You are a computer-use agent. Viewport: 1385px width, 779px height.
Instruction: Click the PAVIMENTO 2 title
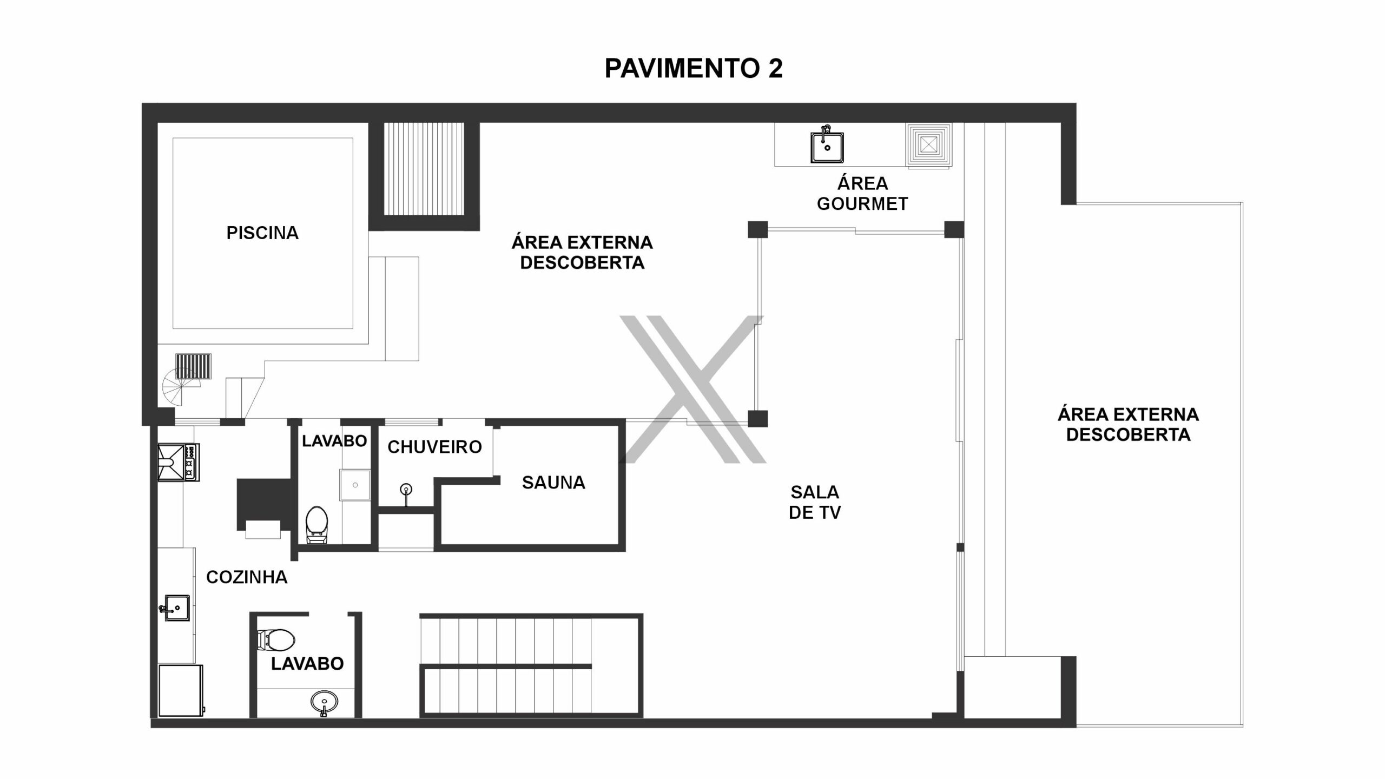pyautogui.click(x=693, y=69)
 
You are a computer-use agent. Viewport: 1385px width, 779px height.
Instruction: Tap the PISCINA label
pyautogui.click(x=262, y=233)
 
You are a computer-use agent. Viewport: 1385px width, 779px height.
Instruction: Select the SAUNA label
pyautogui.click(x=553, y=483)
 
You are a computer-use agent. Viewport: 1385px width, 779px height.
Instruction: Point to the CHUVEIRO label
pyautogui.click(x=434, y=447)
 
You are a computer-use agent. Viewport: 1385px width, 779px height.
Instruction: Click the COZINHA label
pyautogui.click(x=247, y=577)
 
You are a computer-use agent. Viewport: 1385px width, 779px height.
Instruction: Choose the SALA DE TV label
pyautogui.click(x=815, y=502)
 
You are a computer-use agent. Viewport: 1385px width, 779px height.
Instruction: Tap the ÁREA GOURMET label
pyautogui.click(x=863, y=194)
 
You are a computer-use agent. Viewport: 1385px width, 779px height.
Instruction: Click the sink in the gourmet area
pyautogui.click(x=827, y=144)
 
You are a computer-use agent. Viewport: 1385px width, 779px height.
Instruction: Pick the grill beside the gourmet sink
pyautogui.click(x=929, y=145)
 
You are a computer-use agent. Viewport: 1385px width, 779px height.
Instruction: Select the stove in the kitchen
pyautogui.click(x=179, y=463)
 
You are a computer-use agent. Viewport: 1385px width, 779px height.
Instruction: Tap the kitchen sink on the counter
pyautogui.click(x=175, y=608)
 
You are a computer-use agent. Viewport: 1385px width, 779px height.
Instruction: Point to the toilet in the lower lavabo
pyautogui.click(x=276, y=641)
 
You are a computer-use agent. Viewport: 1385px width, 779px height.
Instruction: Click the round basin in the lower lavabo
pyautogui.click(x=325, y=703)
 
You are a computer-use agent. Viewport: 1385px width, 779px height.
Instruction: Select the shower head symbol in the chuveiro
pyautogui.click(x=406, y=491)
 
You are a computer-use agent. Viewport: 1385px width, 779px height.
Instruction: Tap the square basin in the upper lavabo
pyautogui.click(x=355, y=485)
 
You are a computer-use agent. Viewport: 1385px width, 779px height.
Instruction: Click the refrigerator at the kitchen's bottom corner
pyautogui.click(x=181, y=691)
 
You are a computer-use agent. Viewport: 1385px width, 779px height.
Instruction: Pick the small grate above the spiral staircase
pyautogui.click(x=193, y=366)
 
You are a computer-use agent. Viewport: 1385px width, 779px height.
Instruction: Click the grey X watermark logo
pyautogui.click(x=692, y=389)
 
